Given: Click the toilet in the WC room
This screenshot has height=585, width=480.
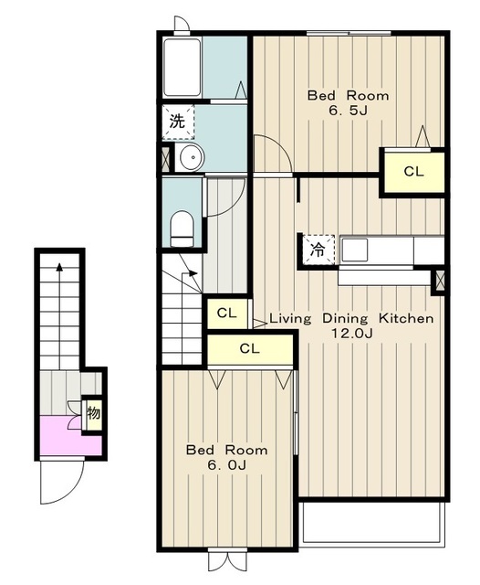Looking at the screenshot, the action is pos(182,229).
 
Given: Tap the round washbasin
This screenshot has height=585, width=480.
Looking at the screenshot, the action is pos(192,157).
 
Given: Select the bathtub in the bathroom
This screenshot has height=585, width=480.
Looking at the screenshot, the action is pos(183,67).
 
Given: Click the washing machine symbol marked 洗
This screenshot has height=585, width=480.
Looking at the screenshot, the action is pos(178,122).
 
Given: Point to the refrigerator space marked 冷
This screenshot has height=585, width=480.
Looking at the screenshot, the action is pos(318,250).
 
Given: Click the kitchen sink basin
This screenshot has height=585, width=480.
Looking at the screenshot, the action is pos(354,250).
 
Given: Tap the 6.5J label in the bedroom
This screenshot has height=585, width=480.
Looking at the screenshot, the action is pos(348,111).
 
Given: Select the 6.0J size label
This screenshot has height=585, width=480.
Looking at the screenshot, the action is pos(227,465).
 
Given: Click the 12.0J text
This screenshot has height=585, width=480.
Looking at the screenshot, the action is pos(352,333).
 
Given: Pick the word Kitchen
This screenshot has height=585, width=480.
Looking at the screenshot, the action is pos(406,319).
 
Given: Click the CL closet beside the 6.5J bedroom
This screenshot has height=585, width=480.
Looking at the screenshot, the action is pos(414,172).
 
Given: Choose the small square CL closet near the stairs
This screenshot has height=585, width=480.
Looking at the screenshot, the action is pos(227,314).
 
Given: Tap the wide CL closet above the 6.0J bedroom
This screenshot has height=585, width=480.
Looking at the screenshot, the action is pos(249,349).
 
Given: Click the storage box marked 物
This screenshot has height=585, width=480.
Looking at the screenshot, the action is pos(93,414).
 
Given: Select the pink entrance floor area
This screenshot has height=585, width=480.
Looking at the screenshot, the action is pos(71,436).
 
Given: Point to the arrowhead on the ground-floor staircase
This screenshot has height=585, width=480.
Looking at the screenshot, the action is pos(59,267).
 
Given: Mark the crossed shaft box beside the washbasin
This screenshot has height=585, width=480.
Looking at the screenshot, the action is pos(165,157).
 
